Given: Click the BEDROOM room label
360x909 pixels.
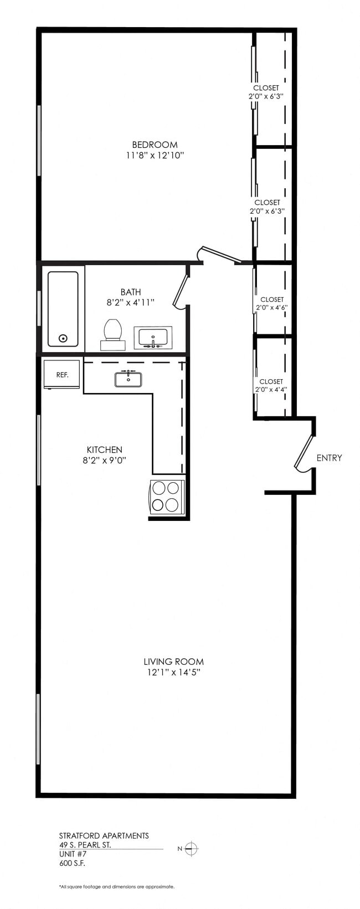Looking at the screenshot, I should [155, 145].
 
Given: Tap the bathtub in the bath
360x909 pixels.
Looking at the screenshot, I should [63, 308].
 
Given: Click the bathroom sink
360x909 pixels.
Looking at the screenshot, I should [153, 338].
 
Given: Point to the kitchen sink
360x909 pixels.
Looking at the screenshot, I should [128, 379].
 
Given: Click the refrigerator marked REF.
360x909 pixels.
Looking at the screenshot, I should [62, 375].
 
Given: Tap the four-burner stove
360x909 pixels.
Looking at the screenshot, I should [167, 497].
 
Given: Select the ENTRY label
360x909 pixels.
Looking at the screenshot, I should [329, 458].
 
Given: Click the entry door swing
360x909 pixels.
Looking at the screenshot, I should [304, 453].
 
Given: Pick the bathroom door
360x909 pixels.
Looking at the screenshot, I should [181, 290].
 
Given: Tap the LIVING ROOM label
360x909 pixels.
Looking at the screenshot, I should [173, 662].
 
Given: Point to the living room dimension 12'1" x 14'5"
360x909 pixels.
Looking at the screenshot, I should [173, 673].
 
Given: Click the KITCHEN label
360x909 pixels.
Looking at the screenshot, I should [104, 450].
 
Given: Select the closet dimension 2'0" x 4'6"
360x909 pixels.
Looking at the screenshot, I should [271, 307].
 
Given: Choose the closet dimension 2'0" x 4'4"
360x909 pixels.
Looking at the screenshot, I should [271, 389].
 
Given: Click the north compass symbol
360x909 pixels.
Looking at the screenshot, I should [191, 849].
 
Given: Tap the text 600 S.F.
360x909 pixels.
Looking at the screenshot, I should [72, 863].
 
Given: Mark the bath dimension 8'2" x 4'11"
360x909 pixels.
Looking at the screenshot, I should [130, 303].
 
